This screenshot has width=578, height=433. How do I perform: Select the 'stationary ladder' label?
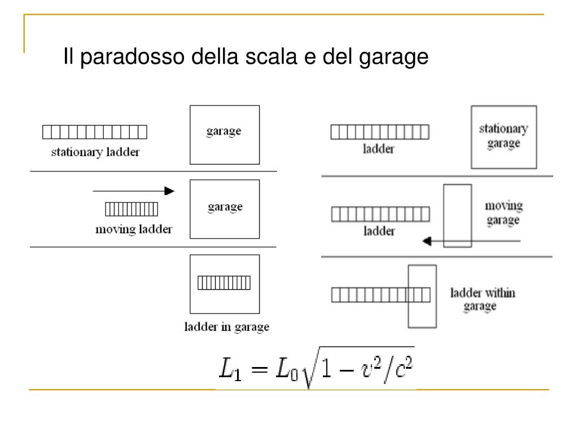pos(95,152)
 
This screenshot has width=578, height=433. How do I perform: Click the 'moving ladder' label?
pos(133,229)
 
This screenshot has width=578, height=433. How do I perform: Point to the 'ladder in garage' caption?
pos(227,327)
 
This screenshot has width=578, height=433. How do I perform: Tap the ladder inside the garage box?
pos(224,281)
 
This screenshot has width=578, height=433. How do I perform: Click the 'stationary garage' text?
pos(503,135)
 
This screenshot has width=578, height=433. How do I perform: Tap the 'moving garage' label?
pos(503,213)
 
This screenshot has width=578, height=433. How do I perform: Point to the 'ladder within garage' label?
pos(482,299)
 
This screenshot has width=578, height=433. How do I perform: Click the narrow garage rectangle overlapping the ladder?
pos(422,296)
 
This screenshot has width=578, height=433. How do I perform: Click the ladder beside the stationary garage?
pos(380,132)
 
